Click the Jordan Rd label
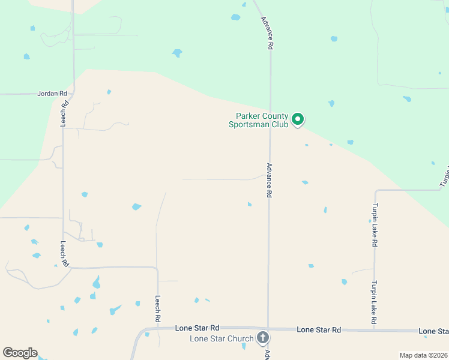[x=51, y=94]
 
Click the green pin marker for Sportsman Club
[x=297, y=120]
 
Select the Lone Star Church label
[x=221, y=338]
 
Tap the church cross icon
[x=262, y=338]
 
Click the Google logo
[x=20, y=353]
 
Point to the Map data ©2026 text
[x=424, y=355]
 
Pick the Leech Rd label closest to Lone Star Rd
[x=158, y=310]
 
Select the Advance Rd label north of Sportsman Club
[x=267, y=32]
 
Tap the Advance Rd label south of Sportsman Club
[x=270, y=180]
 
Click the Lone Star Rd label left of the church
[x=197, y=328]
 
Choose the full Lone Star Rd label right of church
[x=319, y=330]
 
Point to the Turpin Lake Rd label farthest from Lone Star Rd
[x=374, y=226]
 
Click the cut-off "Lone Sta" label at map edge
[x=433, y=331]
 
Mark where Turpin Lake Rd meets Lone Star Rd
[x=375, y=330]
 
